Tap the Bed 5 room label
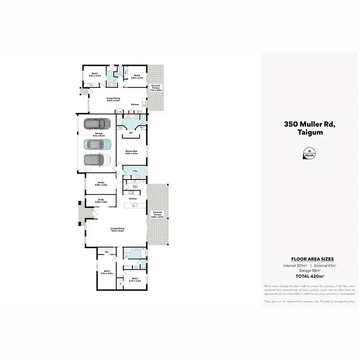pos(136,76)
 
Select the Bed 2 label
pos(107,272)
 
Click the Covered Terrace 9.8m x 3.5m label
pos(157,214)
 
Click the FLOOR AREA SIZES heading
pos(309,259)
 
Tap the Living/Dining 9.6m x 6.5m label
pos(117,230)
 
